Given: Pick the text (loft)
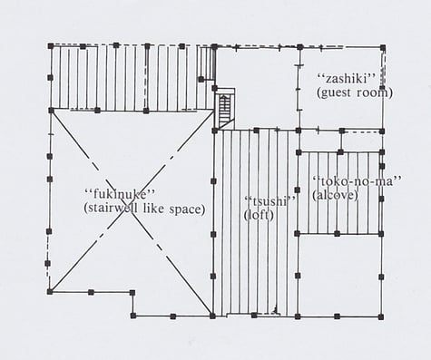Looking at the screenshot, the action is (259, 215).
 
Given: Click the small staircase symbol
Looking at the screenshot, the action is (226, 106).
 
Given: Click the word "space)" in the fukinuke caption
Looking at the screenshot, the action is (187, 208).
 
